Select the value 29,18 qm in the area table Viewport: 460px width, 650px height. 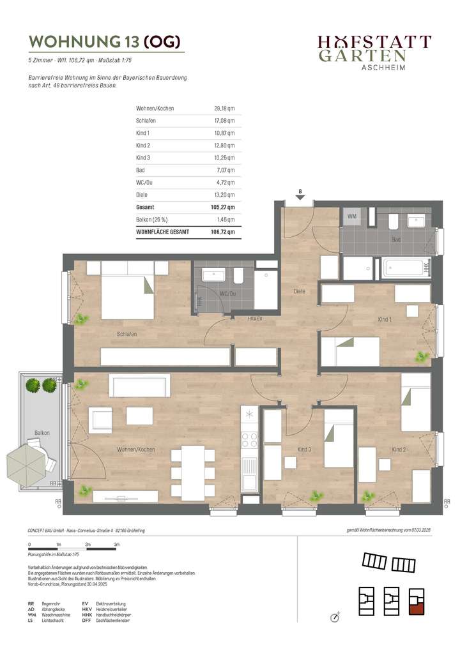click(x=224, y=109)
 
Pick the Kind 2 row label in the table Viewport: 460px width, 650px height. click(x=143, y=145)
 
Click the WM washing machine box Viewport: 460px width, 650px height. click(x=352, y=217)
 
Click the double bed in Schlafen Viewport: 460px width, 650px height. click(x=126, y=298)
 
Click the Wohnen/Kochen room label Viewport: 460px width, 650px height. click(x=136, y=450)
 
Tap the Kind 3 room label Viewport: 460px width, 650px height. click(x=305, y=450)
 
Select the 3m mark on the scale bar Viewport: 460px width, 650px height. click(x=116, y=544)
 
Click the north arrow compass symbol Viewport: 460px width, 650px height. click(x=334, y=617)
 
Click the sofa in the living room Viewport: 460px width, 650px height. click(x=140, y=386)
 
